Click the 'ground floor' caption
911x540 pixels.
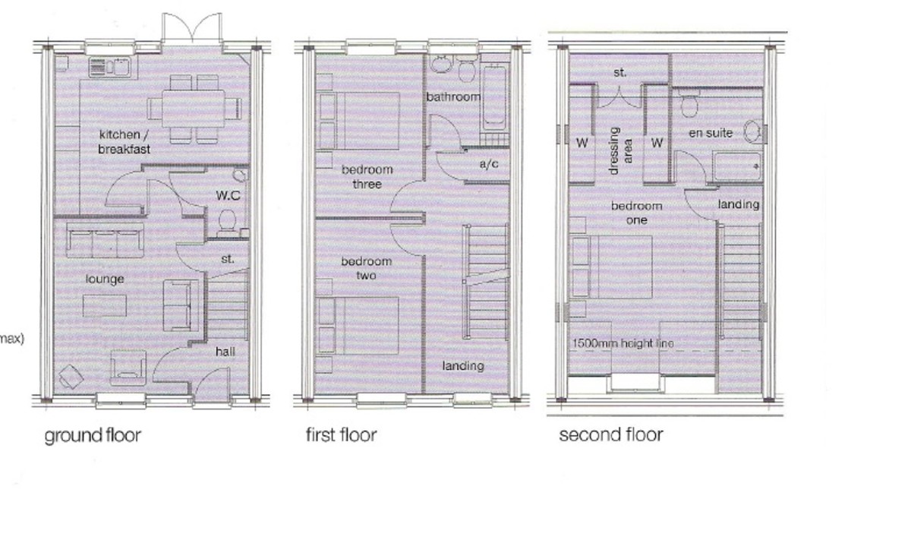pos(93,436)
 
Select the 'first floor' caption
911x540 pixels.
pos(341,435)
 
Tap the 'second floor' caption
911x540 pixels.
pos(610,435)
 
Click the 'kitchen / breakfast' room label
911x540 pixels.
pos(123,142)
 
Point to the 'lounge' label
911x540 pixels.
pos(105,279)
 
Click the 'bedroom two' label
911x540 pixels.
pos(366,268)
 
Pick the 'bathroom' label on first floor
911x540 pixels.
pos(453,97)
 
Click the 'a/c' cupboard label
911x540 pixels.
pos(489,163)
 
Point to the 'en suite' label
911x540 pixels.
pos(711,134)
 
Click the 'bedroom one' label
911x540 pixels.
pos(637,213)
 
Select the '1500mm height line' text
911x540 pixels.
pos(623,344)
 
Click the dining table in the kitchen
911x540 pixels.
pos(193,109)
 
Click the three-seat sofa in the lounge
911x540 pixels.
pos(105,241)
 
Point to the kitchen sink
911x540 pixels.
pos(120,68)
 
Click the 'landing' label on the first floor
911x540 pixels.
pos(463,366)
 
